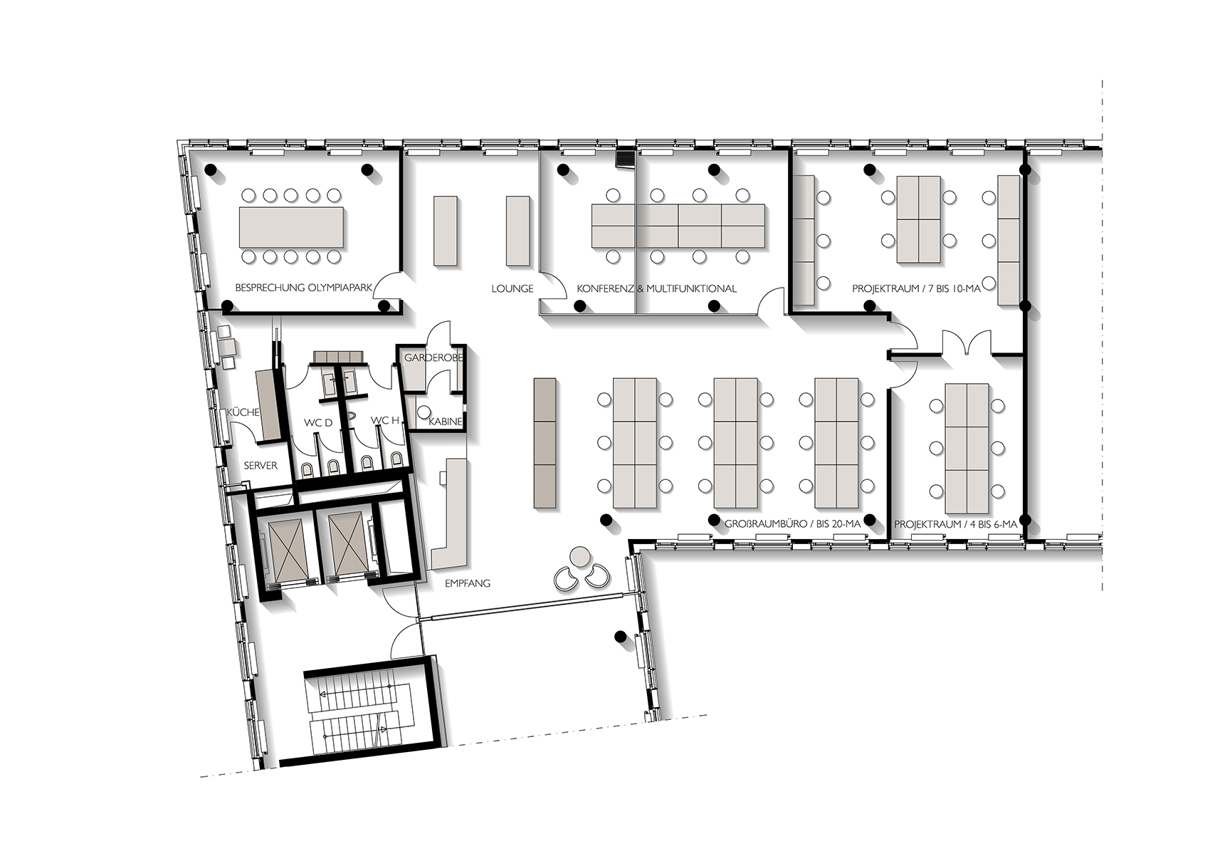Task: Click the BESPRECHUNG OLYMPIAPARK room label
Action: pyautogui.click(x=304, y=288)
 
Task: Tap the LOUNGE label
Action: pyautogui.click(x=512, y=288)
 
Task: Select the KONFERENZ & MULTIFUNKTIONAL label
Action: pyautogui.click(x=656, y=288)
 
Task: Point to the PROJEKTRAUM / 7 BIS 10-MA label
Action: pyautogui.click(x=916, y=288)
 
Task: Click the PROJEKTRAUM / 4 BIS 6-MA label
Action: pyautogui.click(x=956, y=524)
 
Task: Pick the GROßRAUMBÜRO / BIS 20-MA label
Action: pyautogui.click(x=792, y=524)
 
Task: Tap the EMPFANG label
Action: pyautogui.click(x=467, y=584)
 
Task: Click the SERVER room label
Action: pyautogui.click(x=261, y=465)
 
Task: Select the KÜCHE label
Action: pyautogui.click(x=243, y=412)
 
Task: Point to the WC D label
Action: pyautogui.click(x=317, y=422)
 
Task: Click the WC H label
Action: pyautogui.click(x=384, y=420)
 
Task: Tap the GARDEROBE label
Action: pyautogui.click(x=433, y=357)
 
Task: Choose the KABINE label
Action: pyautogui.click(x=445, y=422)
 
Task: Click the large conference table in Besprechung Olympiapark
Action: pyautogui.click(x=292, y=225)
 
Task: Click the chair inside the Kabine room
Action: pyautogui.click(x=423, y=412)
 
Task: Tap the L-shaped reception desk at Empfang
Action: pyautogui.click(x=450, y=513)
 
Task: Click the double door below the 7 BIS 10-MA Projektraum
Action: pyautogui.click(x=967, y=343)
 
